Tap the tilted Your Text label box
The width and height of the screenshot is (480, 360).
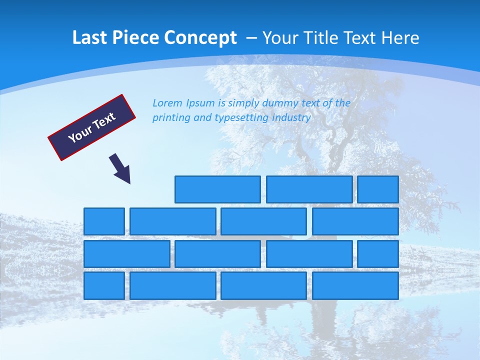(92, 127)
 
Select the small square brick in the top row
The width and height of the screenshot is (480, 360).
(377, 189)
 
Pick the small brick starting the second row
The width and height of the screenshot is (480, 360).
(104, 221)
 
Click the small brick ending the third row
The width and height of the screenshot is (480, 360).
(377, 253)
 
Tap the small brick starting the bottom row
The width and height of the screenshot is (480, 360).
(104, 285)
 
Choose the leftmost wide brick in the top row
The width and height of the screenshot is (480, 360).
(217, 189)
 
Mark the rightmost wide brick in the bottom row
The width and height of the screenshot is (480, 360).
(355, 285)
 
